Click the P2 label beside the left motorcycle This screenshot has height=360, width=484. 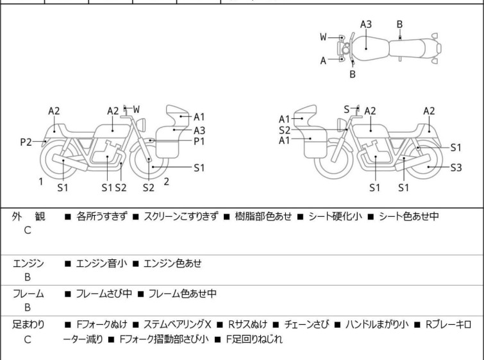coord(26,142)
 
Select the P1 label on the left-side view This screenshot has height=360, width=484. coord(199,141)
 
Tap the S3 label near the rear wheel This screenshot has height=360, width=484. coord(456,167)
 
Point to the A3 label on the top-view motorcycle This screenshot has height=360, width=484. coord(365,24)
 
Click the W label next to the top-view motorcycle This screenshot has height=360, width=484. coord(324,37)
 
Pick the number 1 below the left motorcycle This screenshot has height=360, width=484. coord(40,182)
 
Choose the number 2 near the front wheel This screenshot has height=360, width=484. coord(166,182)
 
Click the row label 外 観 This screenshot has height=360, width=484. coord(28,217)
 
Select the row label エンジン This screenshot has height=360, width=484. coord(28,263)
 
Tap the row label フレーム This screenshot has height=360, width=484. coord(28,294)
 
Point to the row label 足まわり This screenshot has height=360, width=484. coord(28,325)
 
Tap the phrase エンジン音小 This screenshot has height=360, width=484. coord(101,263)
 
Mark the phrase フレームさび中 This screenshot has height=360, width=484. coord(104,294)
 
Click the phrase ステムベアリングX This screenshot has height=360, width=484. coord(177,325)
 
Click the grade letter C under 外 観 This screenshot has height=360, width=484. coord(28,230)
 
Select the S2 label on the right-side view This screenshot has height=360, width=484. coord(285,130)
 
